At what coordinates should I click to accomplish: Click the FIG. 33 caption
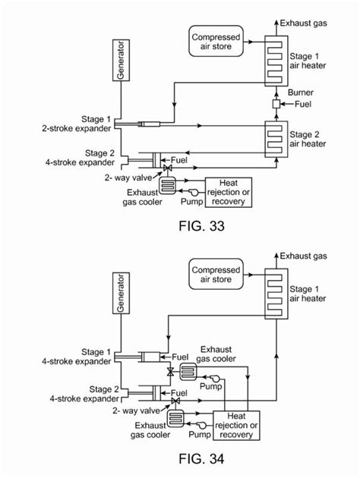click(180, 225)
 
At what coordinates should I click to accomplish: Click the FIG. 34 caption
click(180, 459)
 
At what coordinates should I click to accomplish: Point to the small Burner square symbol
click(276, 103)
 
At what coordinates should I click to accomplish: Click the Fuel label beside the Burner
click(302, 103)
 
